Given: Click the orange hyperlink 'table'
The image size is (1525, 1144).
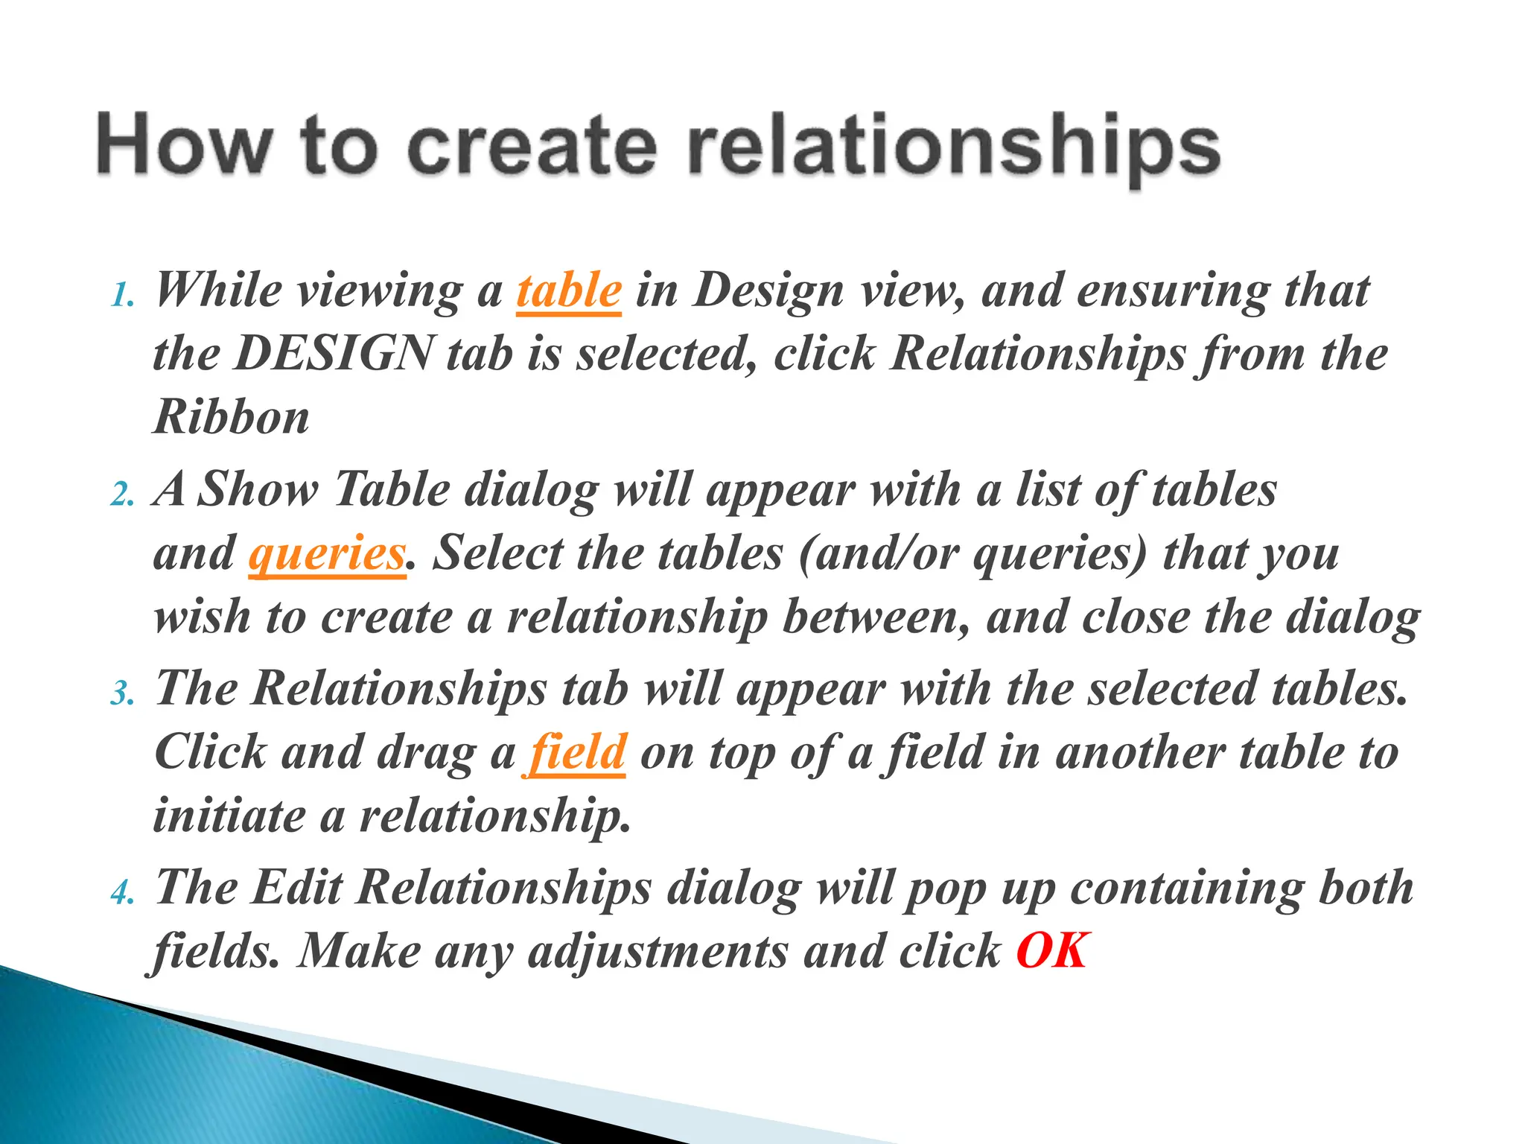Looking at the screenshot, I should pos(569,290).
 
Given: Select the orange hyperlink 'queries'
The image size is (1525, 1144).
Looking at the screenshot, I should pos(327,554).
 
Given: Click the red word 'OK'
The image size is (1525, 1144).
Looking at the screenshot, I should pos(1052,952).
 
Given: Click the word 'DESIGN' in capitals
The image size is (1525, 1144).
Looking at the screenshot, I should pos(334,354).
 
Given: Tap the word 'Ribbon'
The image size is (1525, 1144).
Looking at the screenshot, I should pos(232,417).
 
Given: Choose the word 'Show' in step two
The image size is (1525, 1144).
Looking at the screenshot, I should pos(258,490).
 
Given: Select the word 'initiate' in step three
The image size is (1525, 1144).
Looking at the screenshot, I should pos(229,816).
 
